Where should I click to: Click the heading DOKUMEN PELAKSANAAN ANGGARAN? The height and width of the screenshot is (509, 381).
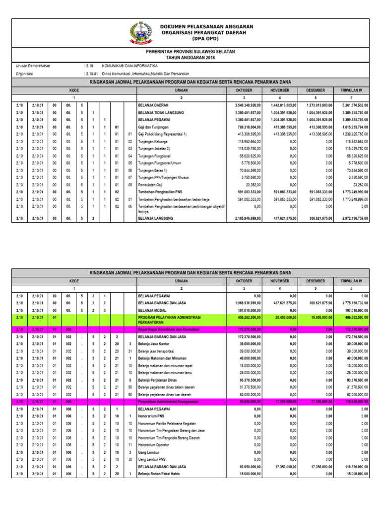point(206,26)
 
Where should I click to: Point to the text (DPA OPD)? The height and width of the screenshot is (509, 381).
point(206,38)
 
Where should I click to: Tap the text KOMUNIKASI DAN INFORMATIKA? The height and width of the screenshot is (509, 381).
point(129,66)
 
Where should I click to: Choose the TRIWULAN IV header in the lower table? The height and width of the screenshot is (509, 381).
point(351,281)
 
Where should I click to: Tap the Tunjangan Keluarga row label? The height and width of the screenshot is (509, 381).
point(155,141)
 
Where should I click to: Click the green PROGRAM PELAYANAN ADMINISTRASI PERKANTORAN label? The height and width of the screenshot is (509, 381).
point(171,320)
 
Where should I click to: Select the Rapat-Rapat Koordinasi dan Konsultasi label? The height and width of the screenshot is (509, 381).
point(169,330)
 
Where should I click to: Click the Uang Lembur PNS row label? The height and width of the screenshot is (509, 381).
point(152,459)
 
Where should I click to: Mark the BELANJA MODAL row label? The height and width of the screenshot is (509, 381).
point(154,310)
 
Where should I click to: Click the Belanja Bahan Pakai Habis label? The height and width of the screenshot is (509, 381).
point(160,474)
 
